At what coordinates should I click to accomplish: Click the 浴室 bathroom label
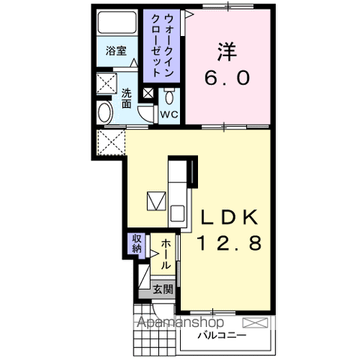coord(115,52)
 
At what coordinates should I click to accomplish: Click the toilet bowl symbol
coord(170,95)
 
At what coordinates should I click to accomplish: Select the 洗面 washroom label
coord(127,99)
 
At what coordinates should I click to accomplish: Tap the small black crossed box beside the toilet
coord(148,94)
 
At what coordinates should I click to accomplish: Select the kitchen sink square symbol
coord(156,201)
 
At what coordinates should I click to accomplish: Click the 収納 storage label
coord(136,244)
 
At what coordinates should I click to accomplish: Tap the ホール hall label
coord(164,254)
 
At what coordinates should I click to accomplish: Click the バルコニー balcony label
coord(223,335)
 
